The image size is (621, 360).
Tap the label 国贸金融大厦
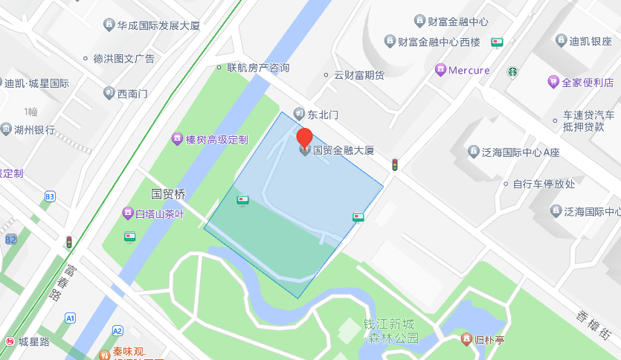[342, 150]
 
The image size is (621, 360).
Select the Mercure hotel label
[469, 71]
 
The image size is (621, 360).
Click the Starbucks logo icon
[512, 72]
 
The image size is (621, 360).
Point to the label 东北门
[323, 115]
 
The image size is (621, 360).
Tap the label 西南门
[132, 94]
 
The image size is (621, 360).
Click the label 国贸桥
[168, 194]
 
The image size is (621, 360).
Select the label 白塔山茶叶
[158, 214]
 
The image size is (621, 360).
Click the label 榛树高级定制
[216, 139]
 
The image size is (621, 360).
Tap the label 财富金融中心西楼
[439, 41]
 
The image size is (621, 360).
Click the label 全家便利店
[588, 82]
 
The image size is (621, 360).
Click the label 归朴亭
[490, 340]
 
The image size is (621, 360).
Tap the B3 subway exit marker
[50, 196]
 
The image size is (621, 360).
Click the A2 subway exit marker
[117, 330]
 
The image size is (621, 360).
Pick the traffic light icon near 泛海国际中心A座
[396, 164]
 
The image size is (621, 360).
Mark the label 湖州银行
[34, 129]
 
